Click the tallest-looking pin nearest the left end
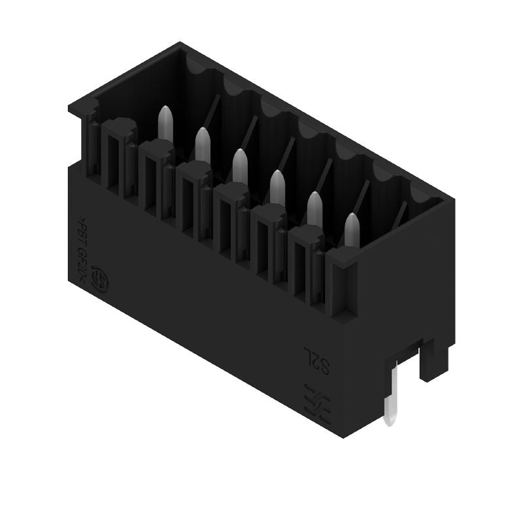pos(165,124)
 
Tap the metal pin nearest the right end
pos(352,230)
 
